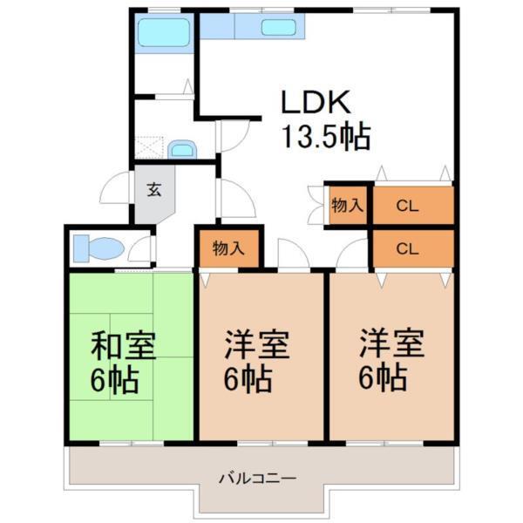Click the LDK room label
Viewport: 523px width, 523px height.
(x=315, y=102)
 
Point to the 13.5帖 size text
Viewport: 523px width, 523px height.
(x=324, y=138)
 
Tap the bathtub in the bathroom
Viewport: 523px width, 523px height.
(x=164, y=34)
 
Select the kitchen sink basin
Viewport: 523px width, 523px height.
(x=278, y=27)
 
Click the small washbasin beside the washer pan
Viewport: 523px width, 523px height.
(x=182, y=149)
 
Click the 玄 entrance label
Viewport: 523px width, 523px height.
(x=153, y=190)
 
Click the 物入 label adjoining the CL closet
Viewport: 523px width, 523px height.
(x=347, y=206)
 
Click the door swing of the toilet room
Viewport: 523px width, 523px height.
(x=139, y=250)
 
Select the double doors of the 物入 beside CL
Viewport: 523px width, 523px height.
(x=316, y=207)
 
